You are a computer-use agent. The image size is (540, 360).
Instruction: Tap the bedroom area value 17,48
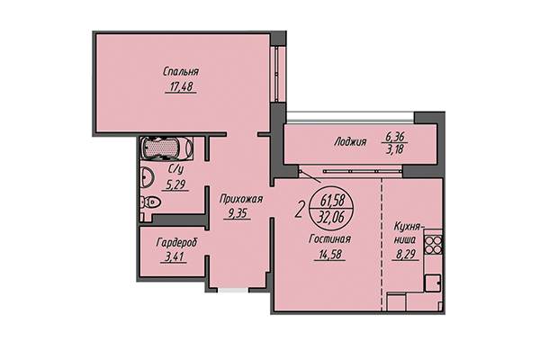[181, 87]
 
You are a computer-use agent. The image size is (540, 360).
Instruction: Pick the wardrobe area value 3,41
[175, 257]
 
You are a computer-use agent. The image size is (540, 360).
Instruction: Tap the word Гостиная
[329, 239]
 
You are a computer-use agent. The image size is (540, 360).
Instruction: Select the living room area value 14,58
[329, 255]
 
